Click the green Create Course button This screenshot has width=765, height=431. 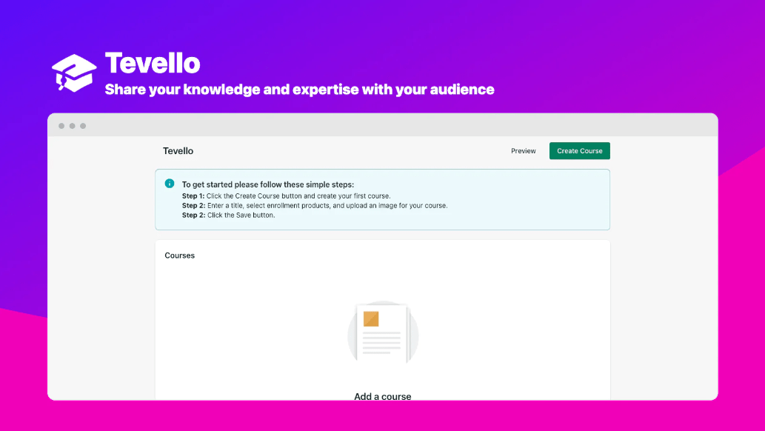(x=579, y=151)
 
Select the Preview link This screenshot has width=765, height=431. (x=523, y=151)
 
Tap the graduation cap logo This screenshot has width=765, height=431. (x=74, y=73)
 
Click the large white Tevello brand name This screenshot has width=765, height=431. (x=153, y=63)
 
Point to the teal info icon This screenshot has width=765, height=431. (x=170, y=184)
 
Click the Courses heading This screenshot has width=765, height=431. (x=180, y=255)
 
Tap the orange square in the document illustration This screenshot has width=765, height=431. (x=371, y=319)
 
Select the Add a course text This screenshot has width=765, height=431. (x=382, y=396)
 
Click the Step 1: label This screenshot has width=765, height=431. (x=193, y=196)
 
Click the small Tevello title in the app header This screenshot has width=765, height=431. (x=178, y=151)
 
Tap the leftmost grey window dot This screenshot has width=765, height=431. (x=61, y=126)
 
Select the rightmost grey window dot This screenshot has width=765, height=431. (x=83, y=126)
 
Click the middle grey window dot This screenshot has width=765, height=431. (x=73, y=126)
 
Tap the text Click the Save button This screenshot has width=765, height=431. (x=241, y=215)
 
